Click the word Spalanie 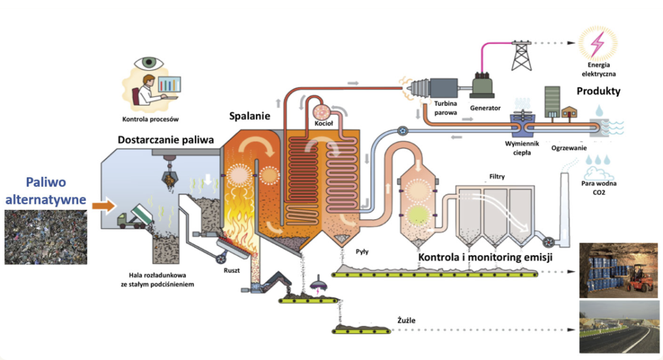249,116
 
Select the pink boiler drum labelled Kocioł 323,110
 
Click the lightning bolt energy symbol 597,43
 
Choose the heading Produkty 598,91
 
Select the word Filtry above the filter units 496,177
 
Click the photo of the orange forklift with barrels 618,269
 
